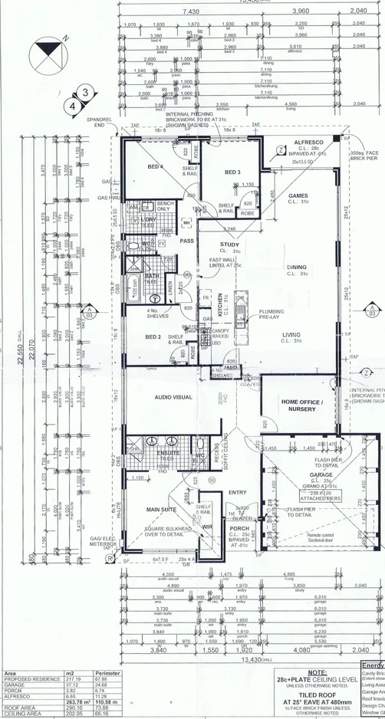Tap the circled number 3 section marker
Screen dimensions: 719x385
(85, 93)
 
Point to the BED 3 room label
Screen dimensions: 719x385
(232, 172)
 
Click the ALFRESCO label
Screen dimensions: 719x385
(307, 143)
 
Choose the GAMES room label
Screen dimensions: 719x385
(298, 195)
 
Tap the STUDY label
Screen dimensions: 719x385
(229, 245)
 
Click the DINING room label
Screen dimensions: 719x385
(297, 268)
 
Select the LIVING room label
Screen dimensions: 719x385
(291, 334)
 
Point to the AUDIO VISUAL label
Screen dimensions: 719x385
(173, 398)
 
